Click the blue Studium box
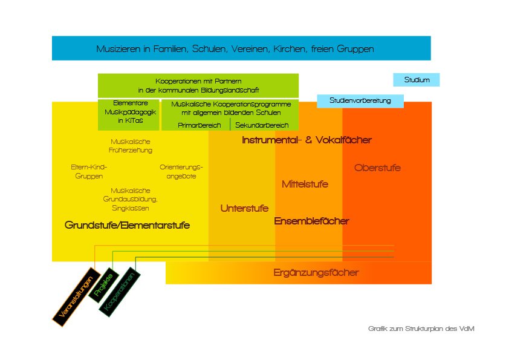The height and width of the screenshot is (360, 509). point(417,80)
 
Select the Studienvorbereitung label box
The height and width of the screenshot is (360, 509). point(360,100)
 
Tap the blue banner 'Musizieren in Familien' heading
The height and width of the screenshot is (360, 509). point(241,48)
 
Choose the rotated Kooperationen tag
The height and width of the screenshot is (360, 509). point(120,291)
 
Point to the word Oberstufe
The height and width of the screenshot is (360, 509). point(377,168)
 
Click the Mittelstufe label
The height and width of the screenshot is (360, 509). point(305,184)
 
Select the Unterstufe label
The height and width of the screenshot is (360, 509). point(244,208)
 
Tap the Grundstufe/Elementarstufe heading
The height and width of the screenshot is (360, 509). point(127,225)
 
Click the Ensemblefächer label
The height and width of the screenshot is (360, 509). point(311,221)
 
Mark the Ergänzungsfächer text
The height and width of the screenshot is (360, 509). point(316,272)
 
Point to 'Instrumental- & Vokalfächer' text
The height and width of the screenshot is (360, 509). point(306,140)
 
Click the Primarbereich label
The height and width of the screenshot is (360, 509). point(199,125)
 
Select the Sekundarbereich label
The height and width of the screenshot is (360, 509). point(262,125)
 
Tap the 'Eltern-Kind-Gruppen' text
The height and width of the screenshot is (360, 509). point(89,171)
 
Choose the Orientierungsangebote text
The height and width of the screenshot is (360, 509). point(181,171)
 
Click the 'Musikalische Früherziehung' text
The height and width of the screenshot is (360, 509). point(131,146)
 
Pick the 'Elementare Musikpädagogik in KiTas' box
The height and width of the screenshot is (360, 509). point(128,112)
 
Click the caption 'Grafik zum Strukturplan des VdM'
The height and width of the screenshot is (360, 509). point(421,329)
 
